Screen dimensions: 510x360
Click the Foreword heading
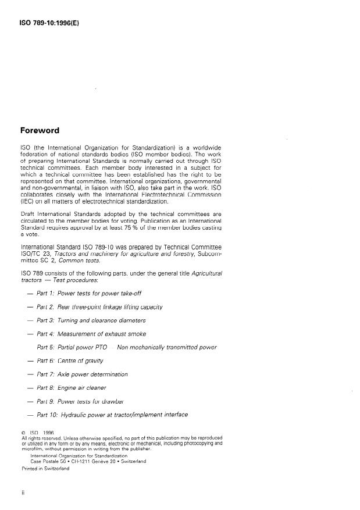41,130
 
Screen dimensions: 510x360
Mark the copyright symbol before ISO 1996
23,433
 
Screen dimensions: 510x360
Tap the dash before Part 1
29,293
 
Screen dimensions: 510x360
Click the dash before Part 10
29,415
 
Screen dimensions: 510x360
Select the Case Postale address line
88,461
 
